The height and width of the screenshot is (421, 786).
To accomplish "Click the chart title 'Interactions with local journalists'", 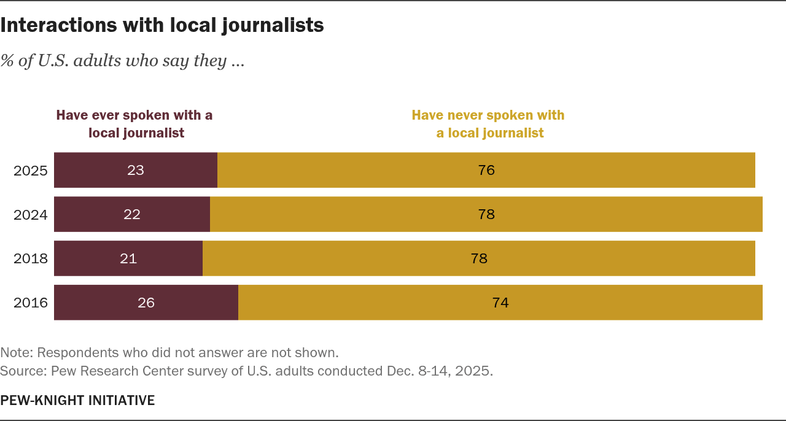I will (x=162, y=25).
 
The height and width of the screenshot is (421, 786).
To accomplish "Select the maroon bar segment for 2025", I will (x=136, y=170).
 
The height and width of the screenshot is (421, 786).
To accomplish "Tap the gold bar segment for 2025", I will (x=486, y=170).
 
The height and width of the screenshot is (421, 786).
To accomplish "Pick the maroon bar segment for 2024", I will (x=132, y=214).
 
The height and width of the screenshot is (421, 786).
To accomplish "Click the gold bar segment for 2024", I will (x=486, y=214).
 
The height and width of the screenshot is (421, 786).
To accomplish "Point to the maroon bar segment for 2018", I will (x=128, y=258).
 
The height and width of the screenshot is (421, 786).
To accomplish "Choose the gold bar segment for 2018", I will (x=478, y=258).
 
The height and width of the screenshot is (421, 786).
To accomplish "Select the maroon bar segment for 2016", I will (x=146, y=303).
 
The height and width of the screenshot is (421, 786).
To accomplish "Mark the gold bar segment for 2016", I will (x=500, y=303).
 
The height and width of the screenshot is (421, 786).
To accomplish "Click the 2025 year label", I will (x=31, y=171).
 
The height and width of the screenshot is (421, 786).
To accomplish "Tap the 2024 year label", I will (x=31, y=215).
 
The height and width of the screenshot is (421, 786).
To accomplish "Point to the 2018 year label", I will (x=31, y=259).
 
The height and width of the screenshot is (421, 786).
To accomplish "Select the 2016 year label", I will (x=31, y=303).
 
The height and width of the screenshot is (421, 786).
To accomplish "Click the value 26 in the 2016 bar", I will (x=146, y=303).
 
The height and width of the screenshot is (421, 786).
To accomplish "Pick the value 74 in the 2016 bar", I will (x=500, y=303).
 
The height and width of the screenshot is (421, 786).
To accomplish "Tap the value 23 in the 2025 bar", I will (x=136, y=170).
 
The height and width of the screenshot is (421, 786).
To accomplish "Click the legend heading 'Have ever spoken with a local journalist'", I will (x=134, y=124).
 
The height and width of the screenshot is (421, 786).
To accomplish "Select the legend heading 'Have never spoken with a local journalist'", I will (x=489, y=124).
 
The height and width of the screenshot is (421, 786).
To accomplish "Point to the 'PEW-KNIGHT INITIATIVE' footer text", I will (x=77, y=401).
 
